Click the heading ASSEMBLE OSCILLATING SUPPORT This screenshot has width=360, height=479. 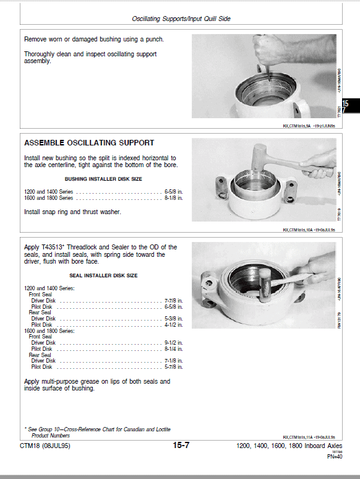[89, 143]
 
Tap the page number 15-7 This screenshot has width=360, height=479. [181, 446]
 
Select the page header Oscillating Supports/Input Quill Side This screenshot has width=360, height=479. [181, 19]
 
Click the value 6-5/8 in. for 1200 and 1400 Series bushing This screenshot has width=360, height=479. [173, 191]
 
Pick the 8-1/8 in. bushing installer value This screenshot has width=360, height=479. [173, 197]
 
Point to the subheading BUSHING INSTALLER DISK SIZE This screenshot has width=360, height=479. [103, 179]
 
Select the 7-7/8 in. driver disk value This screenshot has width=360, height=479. [173, 301]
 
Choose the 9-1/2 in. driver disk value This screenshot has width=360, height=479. [173, 342]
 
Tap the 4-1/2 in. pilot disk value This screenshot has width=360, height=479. [173, 324]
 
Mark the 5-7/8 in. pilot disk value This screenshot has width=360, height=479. [173, 366]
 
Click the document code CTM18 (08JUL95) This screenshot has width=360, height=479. [45, 446]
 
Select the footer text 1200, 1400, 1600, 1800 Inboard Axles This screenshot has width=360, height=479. [289, 446]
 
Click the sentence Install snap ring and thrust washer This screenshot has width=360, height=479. [72, 212]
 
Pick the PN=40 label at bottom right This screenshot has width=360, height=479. [334, 457]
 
